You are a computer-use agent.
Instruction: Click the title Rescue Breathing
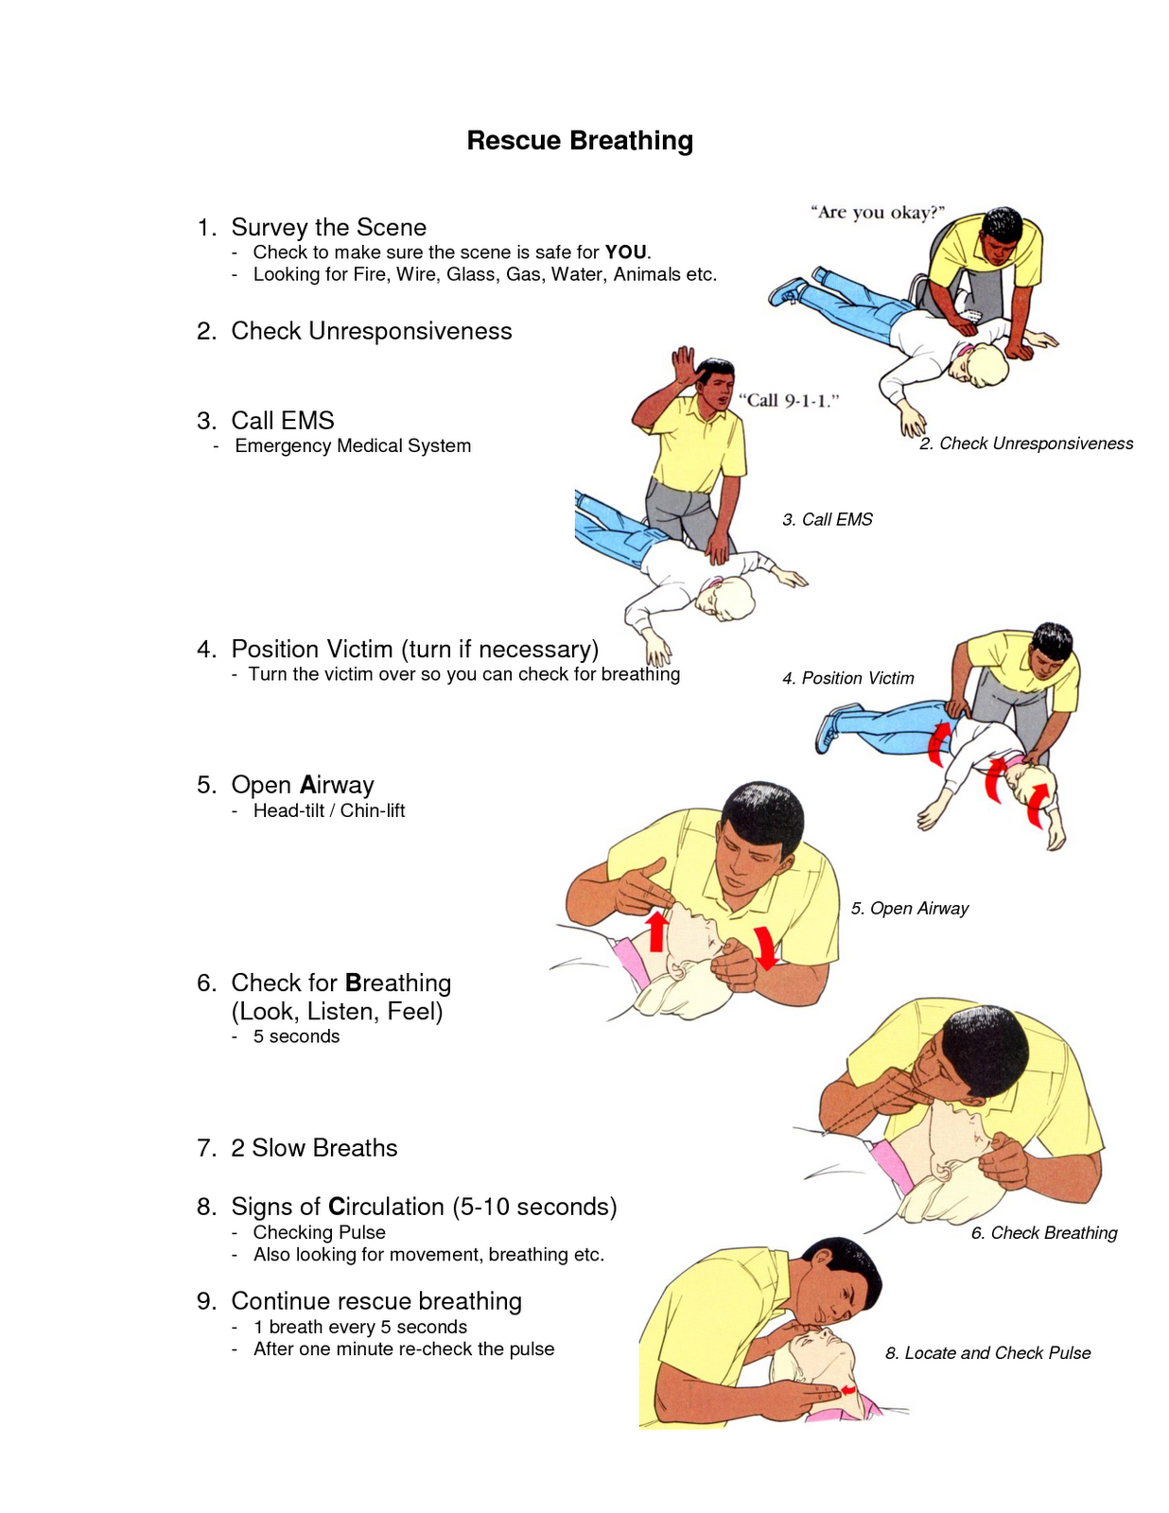pos(580,141)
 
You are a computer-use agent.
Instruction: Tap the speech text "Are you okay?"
pos(878,213)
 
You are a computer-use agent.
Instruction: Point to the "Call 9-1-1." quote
pos(788,400)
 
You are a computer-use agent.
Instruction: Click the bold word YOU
pos(626,252)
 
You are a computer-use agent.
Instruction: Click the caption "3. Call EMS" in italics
pos(828,519)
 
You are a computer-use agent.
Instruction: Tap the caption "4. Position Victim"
pos(848,678)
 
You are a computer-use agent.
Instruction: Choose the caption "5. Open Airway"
pos(909,908)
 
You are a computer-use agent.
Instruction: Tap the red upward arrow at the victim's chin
pos(656,930)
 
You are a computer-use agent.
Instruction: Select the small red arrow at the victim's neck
pos(849,1390)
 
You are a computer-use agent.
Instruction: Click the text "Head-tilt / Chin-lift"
pos(328,810)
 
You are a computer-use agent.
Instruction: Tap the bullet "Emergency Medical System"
pos(353,445)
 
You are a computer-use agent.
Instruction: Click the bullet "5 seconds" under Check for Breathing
pos(296,1036)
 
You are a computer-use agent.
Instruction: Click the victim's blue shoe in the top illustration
pos(788,290)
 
